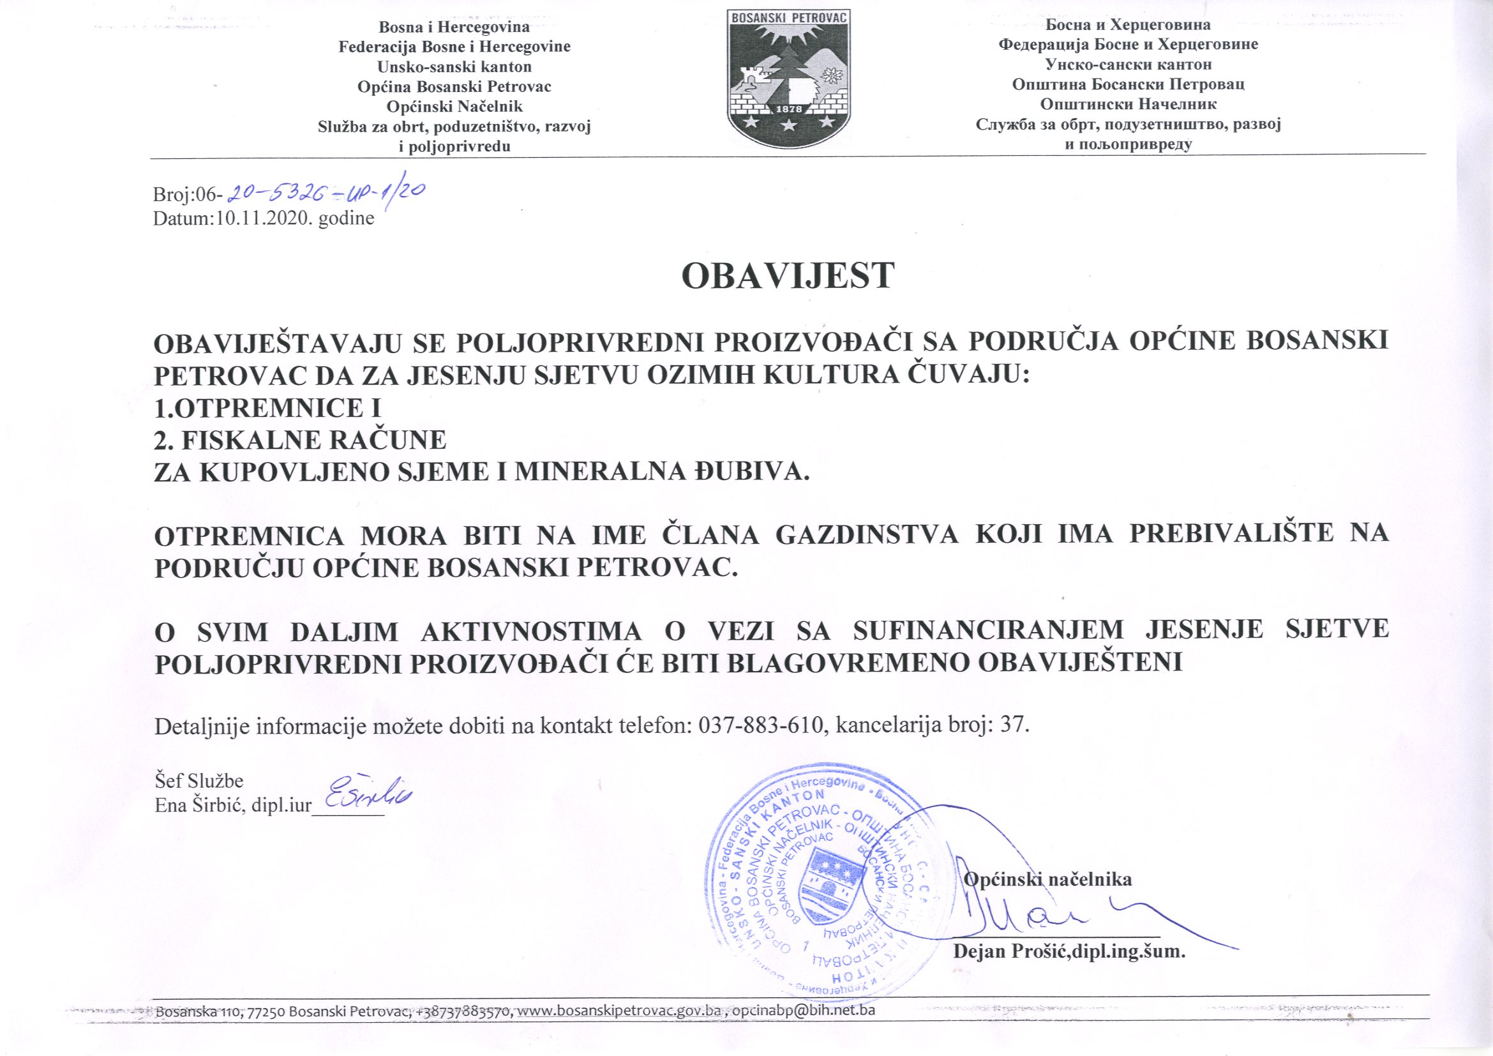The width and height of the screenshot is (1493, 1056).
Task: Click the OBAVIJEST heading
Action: coord(788,277)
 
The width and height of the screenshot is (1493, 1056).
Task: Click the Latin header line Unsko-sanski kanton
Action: coord(454,66)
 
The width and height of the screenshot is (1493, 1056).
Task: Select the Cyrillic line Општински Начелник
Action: coord(1127,104)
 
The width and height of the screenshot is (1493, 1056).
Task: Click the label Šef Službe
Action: coord(199,781)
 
